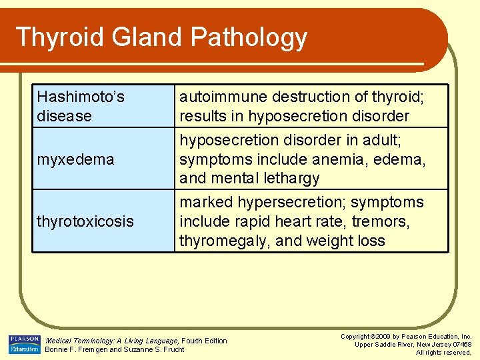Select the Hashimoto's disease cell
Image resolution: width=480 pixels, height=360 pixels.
[81, 107]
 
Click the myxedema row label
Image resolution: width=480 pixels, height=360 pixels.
[75, 159]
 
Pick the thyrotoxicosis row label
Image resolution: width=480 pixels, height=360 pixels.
[85, 221]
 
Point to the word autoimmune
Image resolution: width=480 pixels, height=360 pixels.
[218, 97]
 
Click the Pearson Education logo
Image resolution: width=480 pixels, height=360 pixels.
[25, 344]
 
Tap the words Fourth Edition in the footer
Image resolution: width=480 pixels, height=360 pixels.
[204, 341]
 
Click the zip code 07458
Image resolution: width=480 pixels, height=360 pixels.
[462, 345]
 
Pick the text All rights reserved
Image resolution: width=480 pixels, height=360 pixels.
[443, 353]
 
